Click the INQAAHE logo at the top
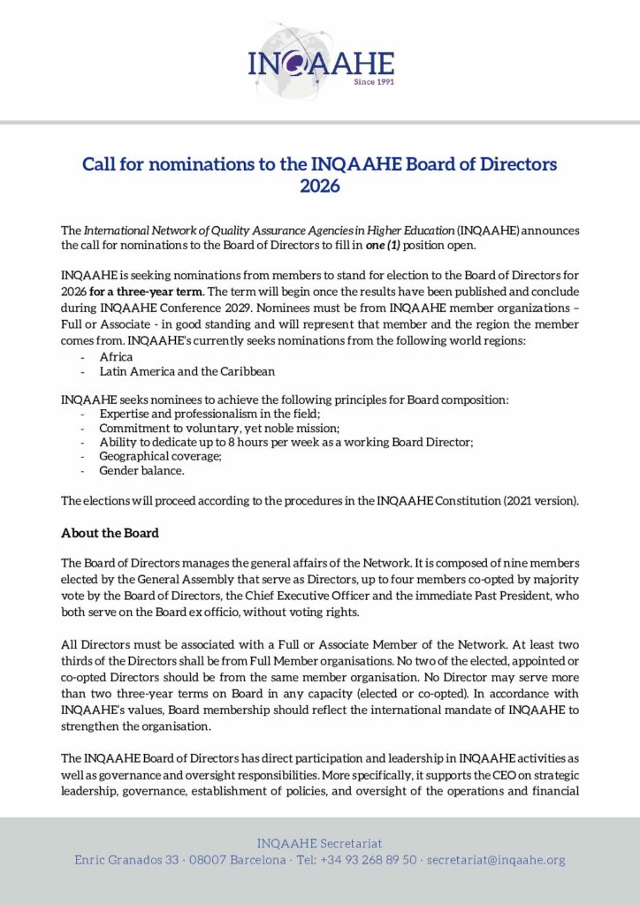(319, 61)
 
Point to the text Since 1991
(373, 81)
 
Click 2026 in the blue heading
(319, 186)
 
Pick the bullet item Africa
(116, 356)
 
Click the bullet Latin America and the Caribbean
(187, 371)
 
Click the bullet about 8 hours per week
(286, 442)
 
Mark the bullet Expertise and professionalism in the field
(210, 414)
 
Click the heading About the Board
(110, 533)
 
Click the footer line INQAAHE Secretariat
(319, 844)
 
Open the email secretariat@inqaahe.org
(496, 860)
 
